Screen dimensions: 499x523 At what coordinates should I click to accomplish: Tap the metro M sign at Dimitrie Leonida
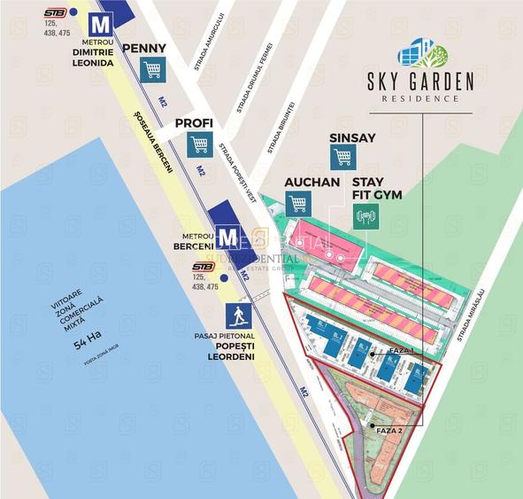tap(104, 24)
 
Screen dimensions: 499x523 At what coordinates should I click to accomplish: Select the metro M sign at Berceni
tap(227, 237)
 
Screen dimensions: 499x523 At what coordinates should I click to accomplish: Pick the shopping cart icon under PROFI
tap(199, 145)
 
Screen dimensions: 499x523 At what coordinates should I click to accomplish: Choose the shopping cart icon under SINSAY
tap(343, 158)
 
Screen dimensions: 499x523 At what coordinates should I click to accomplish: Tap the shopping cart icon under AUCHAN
tap(297, 203)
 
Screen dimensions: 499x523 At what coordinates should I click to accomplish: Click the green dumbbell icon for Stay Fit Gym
tap(363, 215)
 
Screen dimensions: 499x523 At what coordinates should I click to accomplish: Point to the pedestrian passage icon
tap(236, 316)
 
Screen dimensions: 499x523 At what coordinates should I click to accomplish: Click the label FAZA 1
tap(401, 352)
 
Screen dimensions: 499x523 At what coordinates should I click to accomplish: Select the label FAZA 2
tap(389, 430)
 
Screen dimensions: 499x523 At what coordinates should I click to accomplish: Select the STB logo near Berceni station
tap(203, 266)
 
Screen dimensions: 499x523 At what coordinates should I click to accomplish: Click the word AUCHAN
tap(311, 182)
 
